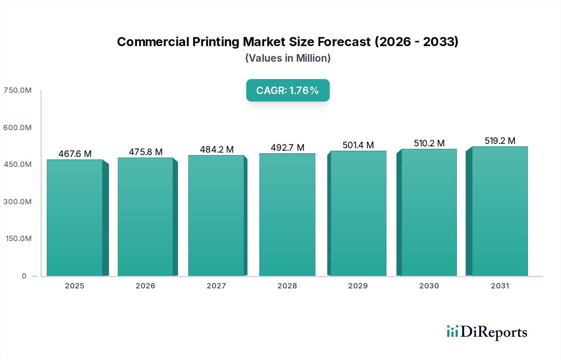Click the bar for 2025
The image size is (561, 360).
tap(75, 218)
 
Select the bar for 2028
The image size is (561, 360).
tap(287, 215)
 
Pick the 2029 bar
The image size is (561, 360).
tap(358, 214)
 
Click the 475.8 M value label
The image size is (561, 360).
tap(146, 152)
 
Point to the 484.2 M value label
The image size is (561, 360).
tap(217, 149)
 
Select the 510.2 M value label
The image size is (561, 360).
tap(429, 143)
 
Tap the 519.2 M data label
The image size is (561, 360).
tap(500, 141)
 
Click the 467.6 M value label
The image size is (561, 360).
tap(75, 154)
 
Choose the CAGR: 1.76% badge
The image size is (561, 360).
tap(288, 90)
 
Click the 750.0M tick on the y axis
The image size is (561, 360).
tap(17, 90)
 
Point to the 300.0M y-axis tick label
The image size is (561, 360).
tap(17, 202)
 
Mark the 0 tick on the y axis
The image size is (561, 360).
tap(24, 276)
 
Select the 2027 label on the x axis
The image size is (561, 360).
tap(216, 286)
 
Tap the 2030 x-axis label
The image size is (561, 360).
tap(429, 286)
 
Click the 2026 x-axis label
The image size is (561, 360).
tap(145, 286)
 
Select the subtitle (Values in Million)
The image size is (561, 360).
tap(288, 58)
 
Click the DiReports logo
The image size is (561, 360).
tap(487, 332)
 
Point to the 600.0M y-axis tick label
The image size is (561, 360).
tap(17, 128)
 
